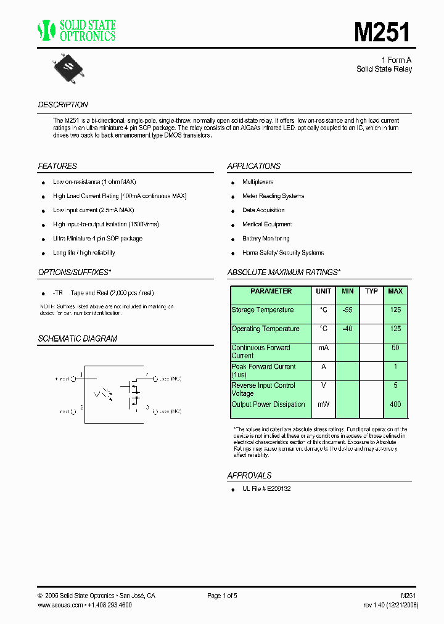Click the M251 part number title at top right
382,32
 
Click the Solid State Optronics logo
76,30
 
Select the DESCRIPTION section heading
63,105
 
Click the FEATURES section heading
57,166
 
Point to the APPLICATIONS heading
253,166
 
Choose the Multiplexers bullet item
258,182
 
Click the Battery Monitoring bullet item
266,239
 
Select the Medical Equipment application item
267,224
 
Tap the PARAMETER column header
271,291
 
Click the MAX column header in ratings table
395,291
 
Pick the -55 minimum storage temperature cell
348,310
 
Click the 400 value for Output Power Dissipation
395,404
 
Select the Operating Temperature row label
265,329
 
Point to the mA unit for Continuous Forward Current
323,348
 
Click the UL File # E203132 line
266,488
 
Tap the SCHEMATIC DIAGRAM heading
77,339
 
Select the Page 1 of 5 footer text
222,596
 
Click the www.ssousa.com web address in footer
60,606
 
